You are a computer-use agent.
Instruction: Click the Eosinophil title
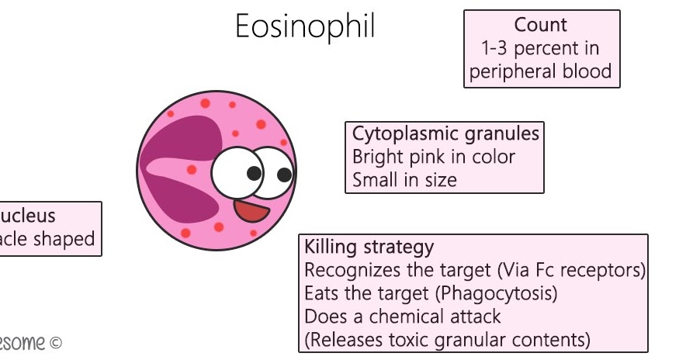point(305,27)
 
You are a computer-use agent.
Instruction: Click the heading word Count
point(540,25)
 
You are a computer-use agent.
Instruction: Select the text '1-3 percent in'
point(540,48)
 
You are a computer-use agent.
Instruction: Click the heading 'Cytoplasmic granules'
point(445,133)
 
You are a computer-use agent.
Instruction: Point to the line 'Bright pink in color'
point(433,157)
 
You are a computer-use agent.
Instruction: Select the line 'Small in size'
point(404,180)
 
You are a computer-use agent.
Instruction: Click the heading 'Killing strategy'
point(369,247)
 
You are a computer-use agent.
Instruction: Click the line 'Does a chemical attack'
point(402,317)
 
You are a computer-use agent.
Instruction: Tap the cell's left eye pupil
point(253,173)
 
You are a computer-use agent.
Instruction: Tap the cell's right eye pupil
point(284,175)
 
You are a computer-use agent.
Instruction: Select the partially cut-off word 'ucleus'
point(28,216)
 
